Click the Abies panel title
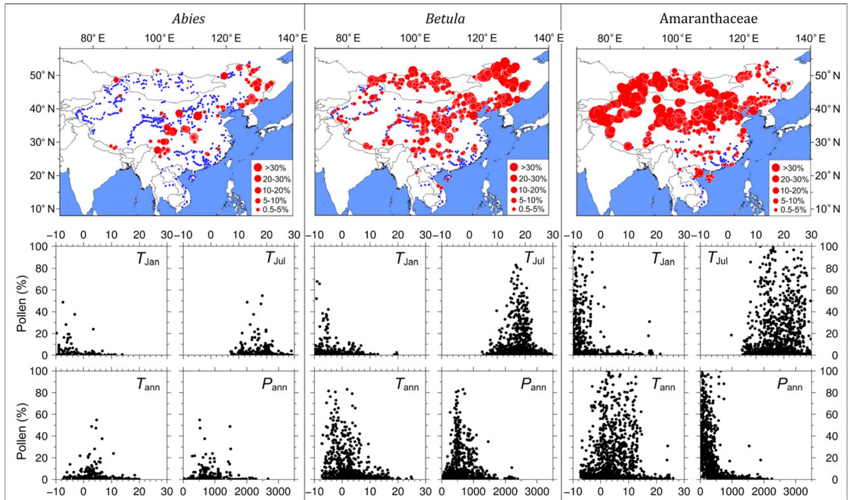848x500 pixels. tap(189, 19)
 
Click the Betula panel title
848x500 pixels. tap(445, 19)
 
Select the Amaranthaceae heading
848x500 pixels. tap(708, 19)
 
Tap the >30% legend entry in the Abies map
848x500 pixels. tap(270, 168)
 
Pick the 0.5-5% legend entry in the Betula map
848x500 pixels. tap(527, 209)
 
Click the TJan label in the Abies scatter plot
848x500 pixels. tap(148, 260)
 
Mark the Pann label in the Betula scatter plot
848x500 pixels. tap(533, 385)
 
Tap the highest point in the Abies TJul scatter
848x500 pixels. tap(262, 295)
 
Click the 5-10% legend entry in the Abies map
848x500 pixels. tap(270, 200)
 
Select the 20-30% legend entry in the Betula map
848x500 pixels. tap(527, 179)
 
